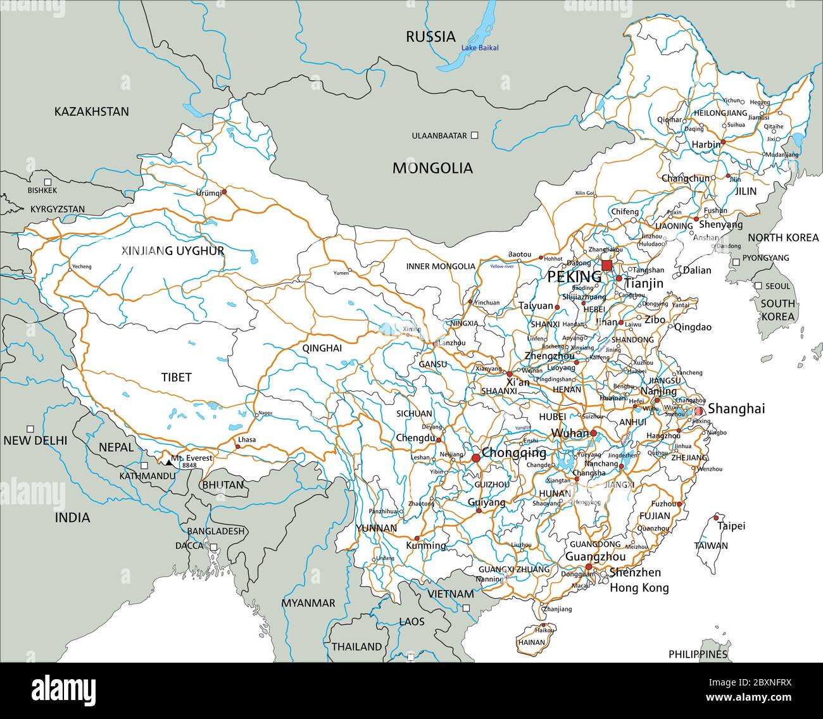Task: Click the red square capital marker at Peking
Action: pos(607,265)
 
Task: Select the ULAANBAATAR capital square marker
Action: pos(475,135)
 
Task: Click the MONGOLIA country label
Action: pos(432,168)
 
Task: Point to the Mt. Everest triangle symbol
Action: pos(168,463)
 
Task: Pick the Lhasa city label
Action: pos(246,439)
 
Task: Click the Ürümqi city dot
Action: pos(223,189)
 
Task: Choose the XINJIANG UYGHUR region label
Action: pos(173,251)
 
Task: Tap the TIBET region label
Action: pos(176,377)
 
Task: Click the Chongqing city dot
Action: pos(475,458)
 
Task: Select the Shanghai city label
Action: pos(736,409)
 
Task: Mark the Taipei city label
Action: pos(731,525)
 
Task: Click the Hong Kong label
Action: pos(639,587)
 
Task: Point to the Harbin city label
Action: pos(705,144)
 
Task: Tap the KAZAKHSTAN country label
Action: pos(91,111)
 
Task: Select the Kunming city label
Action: pos(425,545)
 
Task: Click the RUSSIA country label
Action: pos(430,36)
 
